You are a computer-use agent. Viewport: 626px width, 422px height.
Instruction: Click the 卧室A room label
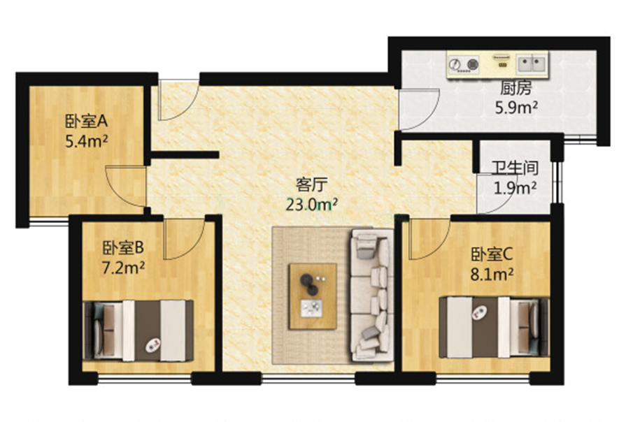[87, 122]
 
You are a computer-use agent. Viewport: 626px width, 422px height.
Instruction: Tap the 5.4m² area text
[87, 141]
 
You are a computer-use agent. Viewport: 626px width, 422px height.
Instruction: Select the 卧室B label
[123, 248]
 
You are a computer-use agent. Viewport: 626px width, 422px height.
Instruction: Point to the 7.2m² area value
[123, 268]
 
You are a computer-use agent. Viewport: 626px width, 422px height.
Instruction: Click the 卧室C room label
[492, 254]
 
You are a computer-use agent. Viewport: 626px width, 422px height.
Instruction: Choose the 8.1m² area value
[492, 274]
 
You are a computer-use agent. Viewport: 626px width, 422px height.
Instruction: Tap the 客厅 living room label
[312, 184]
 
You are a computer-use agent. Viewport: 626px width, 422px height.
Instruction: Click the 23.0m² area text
[312, 205]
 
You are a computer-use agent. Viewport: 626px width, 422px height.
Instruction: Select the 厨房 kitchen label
[516, 88]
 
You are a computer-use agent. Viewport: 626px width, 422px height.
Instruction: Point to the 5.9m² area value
[516, 108]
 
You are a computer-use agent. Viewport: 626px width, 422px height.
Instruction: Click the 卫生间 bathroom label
[515, 168]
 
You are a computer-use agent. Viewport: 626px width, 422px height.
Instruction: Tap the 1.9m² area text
[515, 187]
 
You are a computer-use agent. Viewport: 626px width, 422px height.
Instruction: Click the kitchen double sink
[532, 64]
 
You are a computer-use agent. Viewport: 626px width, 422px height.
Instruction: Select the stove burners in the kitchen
[464, 64]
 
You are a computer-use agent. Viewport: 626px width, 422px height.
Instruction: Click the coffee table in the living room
[313, 296]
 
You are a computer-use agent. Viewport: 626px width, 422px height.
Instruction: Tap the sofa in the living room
[371, 295]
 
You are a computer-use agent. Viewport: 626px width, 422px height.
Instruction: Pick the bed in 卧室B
[138, 331]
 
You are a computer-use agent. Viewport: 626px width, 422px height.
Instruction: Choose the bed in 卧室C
[495, 327]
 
